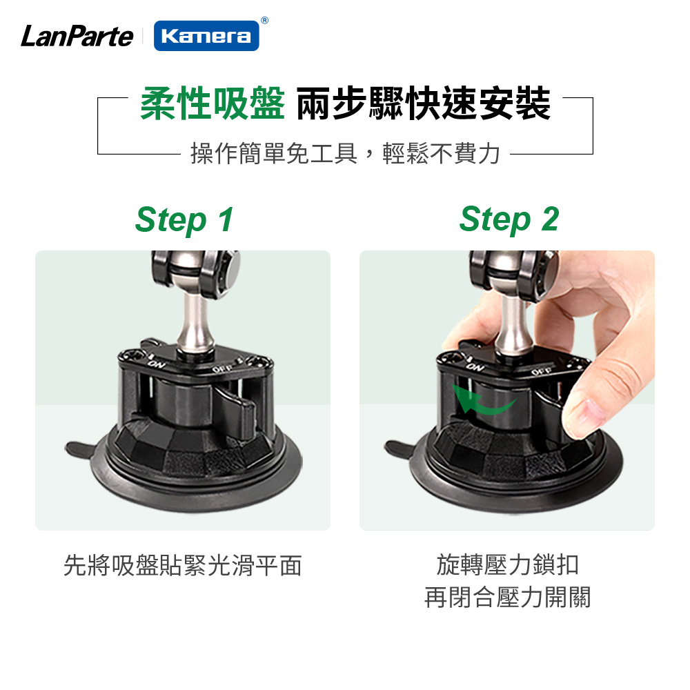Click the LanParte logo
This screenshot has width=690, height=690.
[x=77, y=36]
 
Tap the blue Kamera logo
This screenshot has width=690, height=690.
[x=206, y=36]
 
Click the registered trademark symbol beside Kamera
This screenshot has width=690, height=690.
[x=264, y=20]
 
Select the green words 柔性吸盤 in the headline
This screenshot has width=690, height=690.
[x=213, y=104]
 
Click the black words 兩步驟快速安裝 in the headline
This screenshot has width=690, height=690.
[x=424, y=104]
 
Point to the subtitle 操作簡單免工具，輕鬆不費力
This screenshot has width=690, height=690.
[x=346, y=154]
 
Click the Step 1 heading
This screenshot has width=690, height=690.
[x=184, y=220]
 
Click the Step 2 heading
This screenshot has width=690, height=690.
[x=509, y=219]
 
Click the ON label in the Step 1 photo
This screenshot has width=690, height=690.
[x=156, y=364]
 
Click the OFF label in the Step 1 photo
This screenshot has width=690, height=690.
[x=222, y=368]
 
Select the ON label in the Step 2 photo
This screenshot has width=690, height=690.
[x=475, y=366]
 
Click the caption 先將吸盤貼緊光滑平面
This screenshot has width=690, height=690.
[x=183, y=566]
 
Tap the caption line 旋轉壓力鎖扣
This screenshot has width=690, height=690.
[x=507, y=564]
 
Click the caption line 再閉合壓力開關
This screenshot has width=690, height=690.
[x=507, y=597]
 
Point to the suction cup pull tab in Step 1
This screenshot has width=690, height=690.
[x=79, y=450]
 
